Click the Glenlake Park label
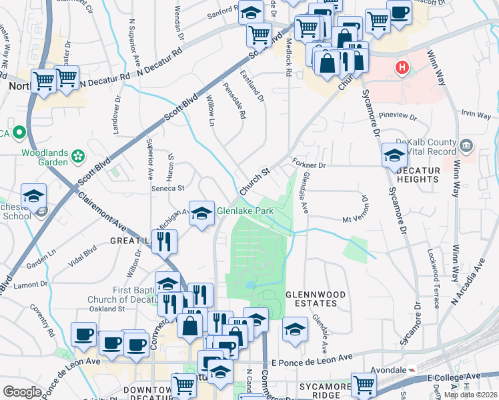[245, 213]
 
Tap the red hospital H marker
[402, 67]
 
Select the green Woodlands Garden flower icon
[79, 157]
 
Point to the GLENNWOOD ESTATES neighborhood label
[316, 299]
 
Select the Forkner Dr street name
[308, 164]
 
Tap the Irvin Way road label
[476, 115]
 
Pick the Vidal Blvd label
[83, 256]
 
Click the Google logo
[22, 392]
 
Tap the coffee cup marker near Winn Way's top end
[399, 13]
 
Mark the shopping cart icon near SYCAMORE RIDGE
[364, 384]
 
